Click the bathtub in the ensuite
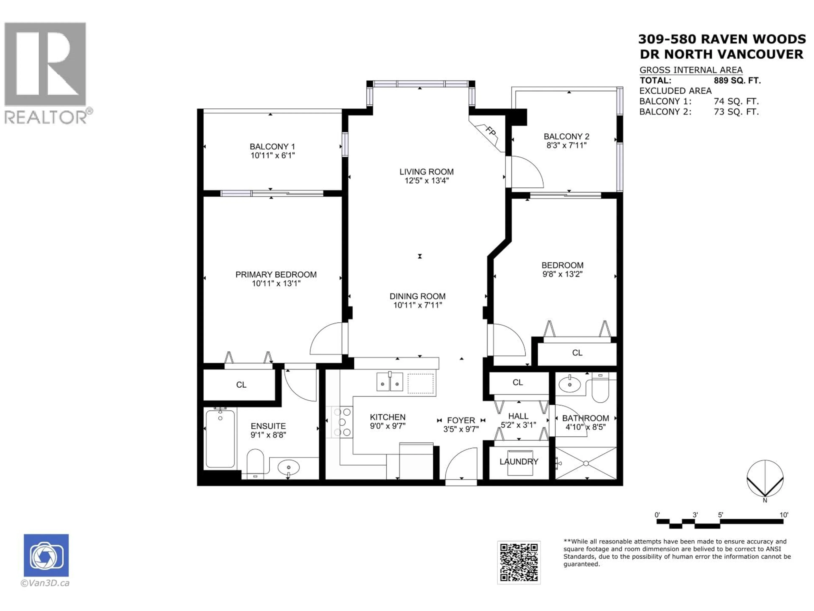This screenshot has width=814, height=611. [x=220, y=438]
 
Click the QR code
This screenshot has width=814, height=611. [x=519, y=562]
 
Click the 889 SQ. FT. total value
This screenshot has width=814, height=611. [x=737, y=80]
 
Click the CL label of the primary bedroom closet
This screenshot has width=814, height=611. [x=241, y=384]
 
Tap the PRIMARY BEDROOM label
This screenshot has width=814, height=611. [x=276, y=274]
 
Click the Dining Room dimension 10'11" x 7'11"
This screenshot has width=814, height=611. [x=417, y=305]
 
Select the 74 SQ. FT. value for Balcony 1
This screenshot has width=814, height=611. [x=736, y=101]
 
